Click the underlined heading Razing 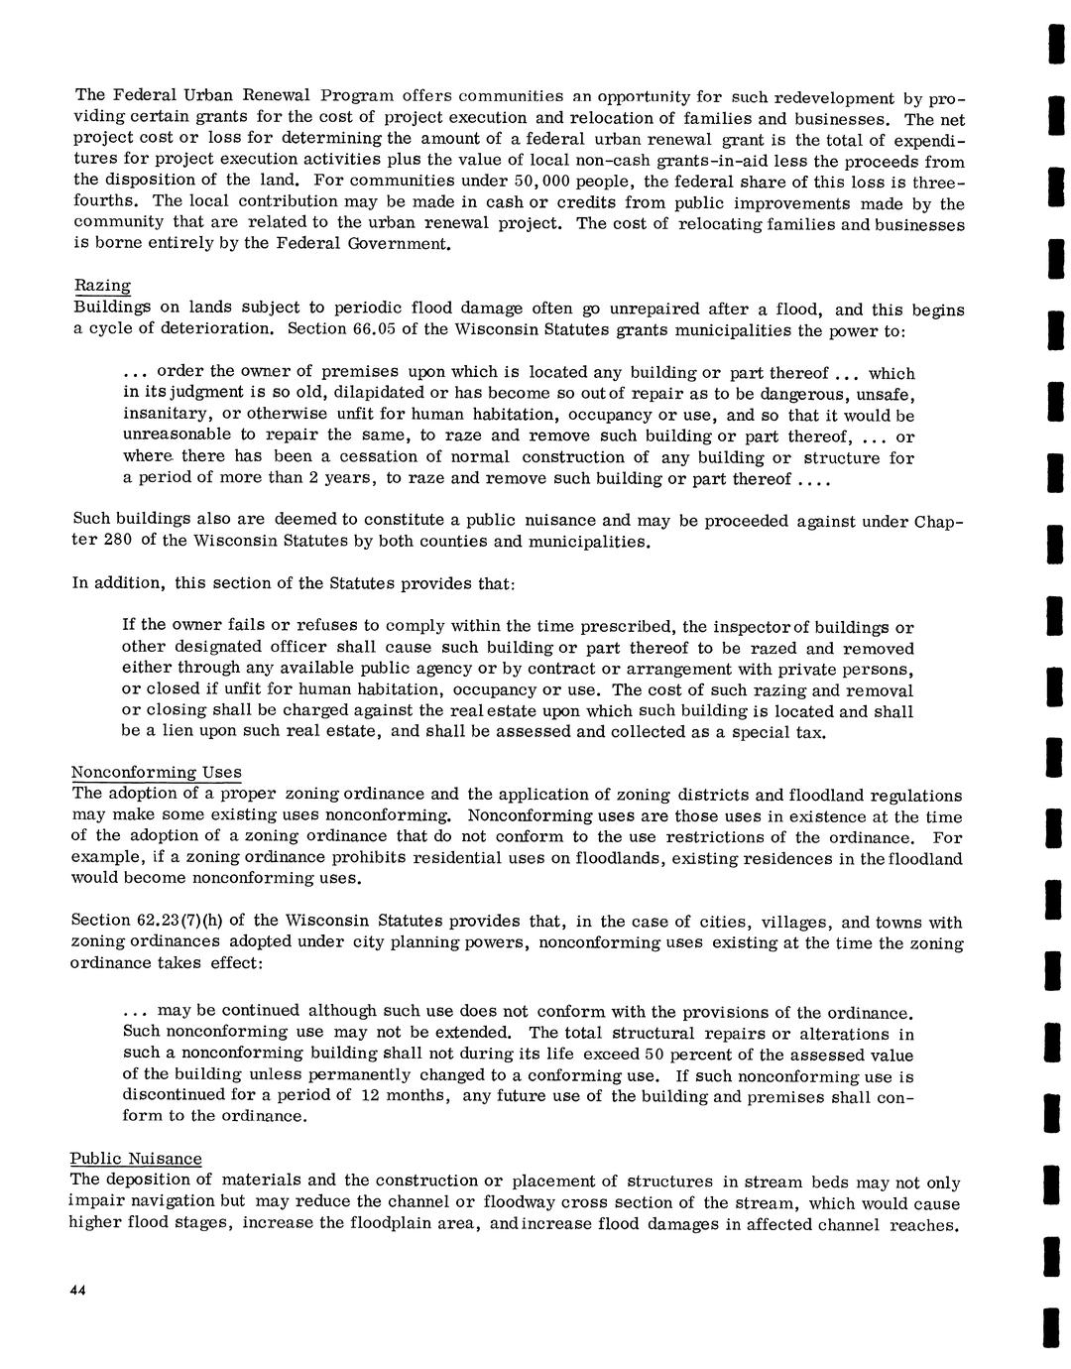tap(103, 286)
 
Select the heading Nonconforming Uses tap(156, 773)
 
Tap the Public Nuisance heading tap(135, 1159)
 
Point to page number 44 tap(79, 1290)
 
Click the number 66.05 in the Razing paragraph tap(376, 328)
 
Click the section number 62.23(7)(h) tap(165, 922)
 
